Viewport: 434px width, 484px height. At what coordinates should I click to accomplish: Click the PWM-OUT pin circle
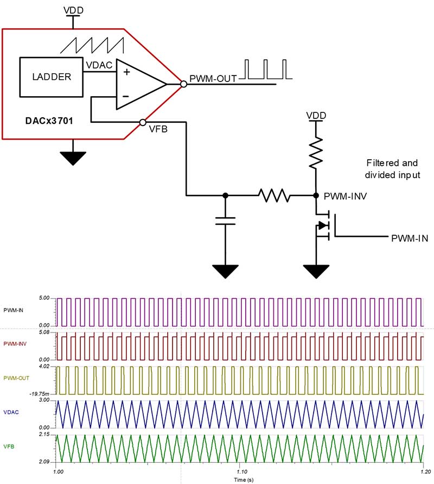(x=184, y=84)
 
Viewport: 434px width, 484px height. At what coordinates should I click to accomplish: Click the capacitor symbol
(x=225, y=220)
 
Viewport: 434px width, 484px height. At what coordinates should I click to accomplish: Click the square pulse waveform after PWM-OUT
(x=267, y=70)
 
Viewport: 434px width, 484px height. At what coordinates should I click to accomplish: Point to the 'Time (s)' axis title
(x=239, y=480)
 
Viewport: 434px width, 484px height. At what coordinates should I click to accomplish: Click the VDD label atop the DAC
(x=73, y=10)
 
